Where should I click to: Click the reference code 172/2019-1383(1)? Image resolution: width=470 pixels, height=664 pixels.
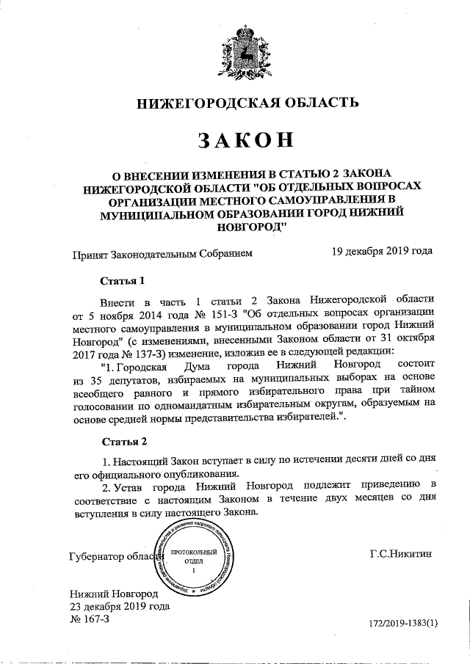(402, 623)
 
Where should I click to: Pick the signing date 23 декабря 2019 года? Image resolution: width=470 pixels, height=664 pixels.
(120, 606)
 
